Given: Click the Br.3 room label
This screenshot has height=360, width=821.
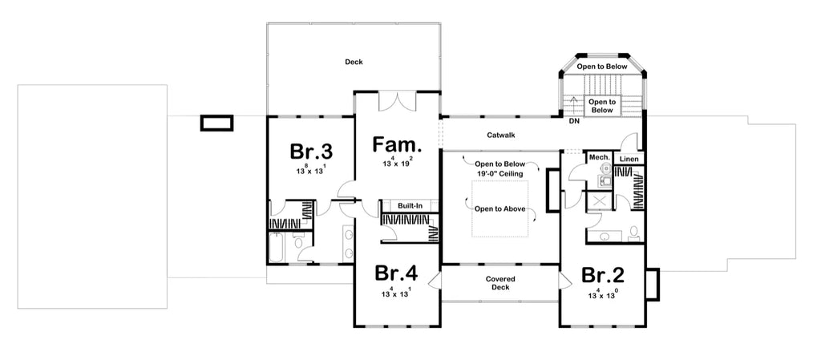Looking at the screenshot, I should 311,152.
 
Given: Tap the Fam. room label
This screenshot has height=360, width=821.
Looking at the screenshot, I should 398,146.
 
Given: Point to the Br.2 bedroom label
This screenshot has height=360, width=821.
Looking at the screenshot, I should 603,275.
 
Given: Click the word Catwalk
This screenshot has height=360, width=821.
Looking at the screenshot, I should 500,136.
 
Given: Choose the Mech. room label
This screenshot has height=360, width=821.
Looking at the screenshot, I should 599,158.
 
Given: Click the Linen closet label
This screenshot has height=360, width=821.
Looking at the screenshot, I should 630,158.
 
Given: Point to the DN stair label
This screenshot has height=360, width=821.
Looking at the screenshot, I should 573,122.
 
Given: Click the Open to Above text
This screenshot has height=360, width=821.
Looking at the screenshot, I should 499,208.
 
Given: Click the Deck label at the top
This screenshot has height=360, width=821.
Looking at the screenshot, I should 354,62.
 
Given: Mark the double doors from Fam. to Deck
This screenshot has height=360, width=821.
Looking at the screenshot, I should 398,102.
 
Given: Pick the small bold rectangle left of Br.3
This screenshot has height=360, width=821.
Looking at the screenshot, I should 216,123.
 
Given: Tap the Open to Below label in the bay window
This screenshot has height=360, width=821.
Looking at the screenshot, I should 601,67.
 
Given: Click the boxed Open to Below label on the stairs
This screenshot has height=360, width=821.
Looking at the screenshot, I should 601,106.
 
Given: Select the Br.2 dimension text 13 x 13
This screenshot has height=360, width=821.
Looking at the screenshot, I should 603,294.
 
